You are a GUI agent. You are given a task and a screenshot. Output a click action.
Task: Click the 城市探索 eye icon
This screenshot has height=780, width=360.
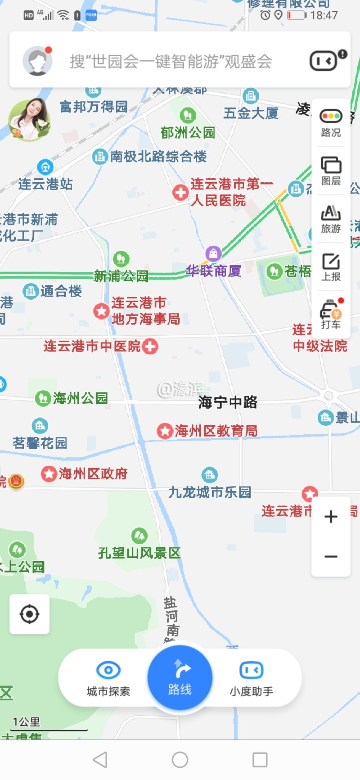tap(108, 670)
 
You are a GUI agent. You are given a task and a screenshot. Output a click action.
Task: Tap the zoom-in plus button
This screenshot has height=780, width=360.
tap(331, 516)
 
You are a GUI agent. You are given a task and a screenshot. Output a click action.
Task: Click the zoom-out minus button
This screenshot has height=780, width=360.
tap(331, 557)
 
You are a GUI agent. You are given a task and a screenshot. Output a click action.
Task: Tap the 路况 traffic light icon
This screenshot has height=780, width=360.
tap(331, 117)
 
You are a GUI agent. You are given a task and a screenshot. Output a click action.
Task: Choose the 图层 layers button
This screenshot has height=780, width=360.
tap(331, 166)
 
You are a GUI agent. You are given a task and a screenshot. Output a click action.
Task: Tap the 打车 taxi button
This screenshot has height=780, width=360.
tap(331, 311)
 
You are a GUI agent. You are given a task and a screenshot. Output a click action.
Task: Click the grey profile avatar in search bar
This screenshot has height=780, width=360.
tap(38, 61)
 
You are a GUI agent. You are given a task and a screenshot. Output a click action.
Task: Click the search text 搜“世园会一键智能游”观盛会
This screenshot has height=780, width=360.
tap(171, 61)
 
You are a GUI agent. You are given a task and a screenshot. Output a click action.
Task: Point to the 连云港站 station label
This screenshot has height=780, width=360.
tap(45, 184)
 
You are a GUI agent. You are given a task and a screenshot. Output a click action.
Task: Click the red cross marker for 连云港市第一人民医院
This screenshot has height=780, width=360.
tap(180, 193)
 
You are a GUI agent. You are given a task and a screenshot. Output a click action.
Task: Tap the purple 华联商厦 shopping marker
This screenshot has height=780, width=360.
tap(213, 254)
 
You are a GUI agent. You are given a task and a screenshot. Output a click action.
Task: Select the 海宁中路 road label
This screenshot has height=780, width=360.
tap(228, 402)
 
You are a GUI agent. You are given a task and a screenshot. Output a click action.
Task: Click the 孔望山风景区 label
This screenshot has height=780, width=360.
tap(139, 553)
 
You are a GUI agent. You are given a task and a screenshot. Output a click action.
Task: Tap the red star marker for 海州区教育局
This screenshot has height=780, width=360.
tap(165, 431)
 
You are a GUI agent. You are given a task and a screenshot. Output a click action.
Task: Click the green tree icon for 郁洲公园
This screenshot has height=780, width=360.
tap(188, 115)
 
